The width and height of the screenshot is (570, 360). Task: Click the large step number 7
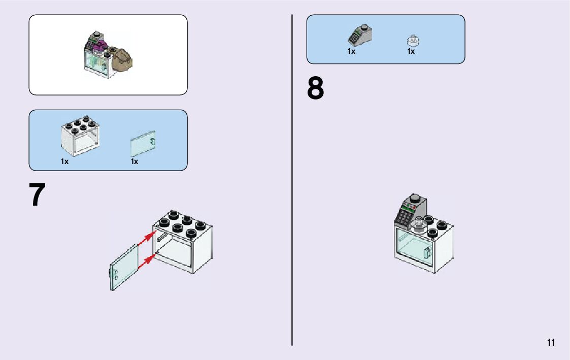point(38,196)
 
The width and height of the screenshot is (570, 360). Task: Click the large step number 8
point(315,89)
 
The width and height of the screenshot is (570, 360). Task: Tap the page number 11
point(551,342)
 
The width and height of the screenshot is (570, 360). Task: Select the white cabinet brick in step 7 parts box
point(80,135)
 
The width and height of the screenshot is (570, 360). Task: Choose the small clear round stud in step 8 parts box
point(412,40)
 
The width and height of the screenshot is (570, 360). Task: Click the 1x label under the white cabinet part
point(65,161)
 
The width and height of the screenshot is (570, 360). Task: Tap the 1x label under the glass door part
point(135,161)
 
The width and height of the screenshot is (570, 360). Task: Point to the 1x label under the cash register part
point(351,51)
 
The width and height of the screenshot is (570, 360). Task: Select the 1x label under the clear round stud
point(411,51)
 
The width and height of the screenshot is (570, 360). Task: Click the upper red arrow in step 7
point(147,237)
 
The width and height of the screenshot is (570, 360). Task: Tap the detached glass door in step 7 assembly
point(124,267)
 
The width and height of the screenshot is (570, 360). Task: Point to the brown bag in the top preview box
point(123,60)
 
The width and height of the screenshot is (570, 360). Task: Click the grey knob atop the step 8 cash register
point(415,198)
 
